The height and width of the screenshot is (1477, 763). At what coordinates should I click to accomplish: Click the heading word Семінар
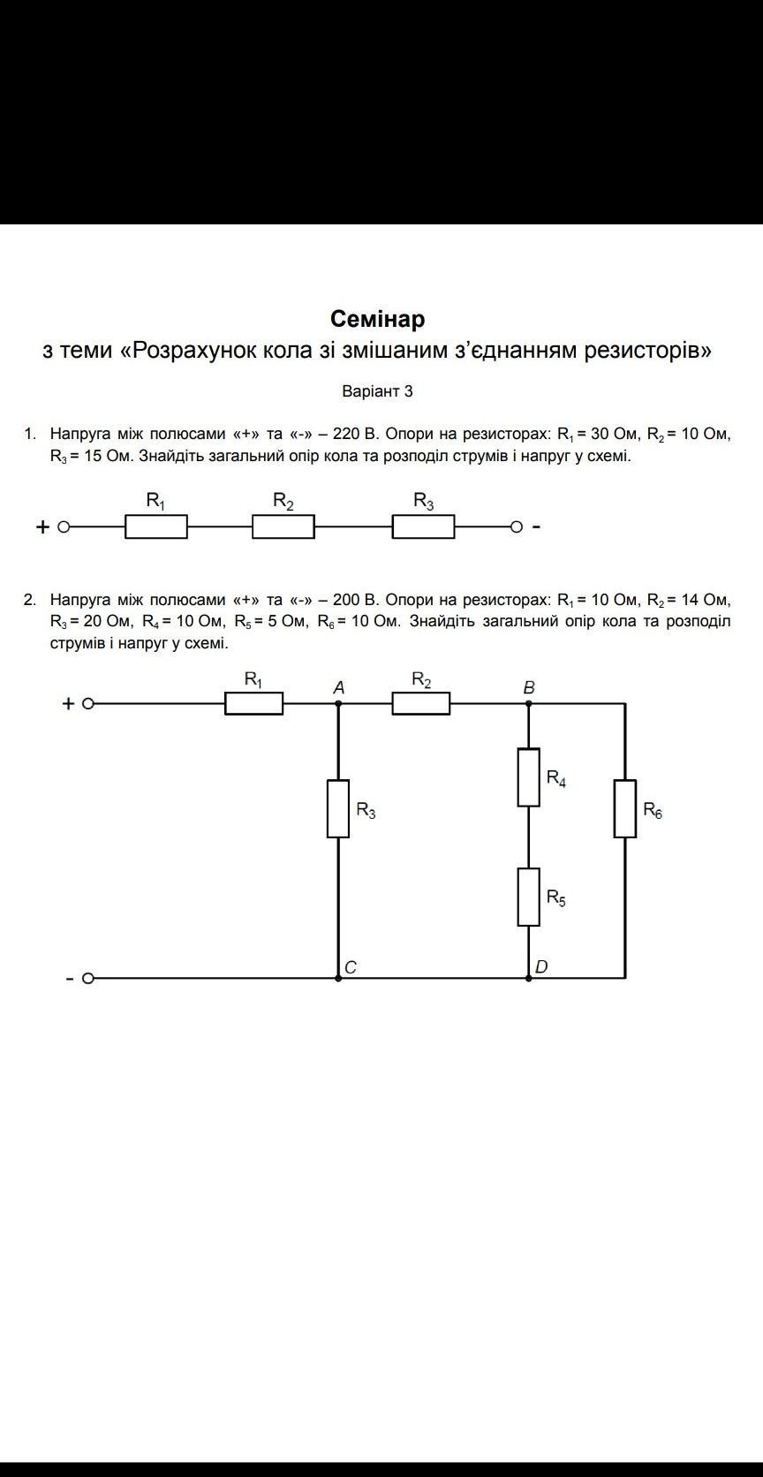pyautogui.click(x=377, y=319)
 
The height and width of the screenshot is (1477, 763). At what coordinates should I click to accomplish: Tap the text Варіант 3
pyautogui.click(x=377, y=391)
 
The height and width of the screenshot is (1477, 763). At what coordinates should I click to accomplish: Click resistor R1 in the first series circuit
pyautogui.click(x=156, y=527)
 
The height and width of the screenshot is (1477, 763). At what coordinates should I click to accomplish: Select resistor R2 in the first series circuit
pyautogui.click(x=283, y=527)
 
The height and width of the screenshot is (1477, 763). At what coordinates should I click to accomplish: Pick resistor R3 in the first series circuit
pyautogui.click(x=424, y=527)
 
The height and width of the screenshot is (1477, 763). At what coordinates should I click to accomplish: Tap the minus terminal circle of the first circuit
pyautogui.click(x=517, y=527)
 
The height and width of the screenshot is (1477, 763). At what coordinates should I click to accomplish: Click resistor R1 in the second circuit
pyautogui.click(x=254, y=704)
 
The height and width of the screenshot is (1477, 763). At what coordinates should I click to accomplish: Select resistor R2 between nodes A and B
pyautogui.click(x=421, y=704)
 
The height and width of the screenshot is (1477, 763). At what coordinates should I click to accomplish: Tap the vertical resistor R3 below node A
pyautogui.click(x=338, y=808)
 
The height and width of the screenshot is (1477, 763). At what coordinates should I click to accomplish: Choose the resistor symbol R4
pyautogui.click(x=528, y=777)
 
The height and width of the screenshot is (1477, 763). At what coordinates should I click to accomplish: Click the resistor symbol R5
pyautogui.click(x=528, y=897)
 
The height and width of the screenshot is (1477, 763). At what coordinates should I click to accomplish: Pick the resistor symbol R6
pyautogui.click(x=625, y=808)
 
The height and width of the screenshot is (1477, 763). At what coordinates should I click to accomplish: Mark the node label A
pyautogui.click(x=338, y=687)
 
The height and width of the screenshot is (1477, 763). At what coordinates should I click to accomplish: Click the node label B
pyautogui.click(x=529, y=687)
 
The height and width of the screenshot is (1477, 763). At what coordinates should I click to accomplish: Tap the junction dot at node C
pyautogui.click(x=338, y=978)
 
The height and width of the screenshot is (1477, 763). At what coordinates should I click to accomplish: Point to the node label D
pyautogui.click(x=541, y=966)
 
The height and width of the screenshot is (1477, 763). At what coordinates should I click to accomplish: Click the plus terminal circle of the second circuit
pyautogui.click(x=87, y=704)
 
